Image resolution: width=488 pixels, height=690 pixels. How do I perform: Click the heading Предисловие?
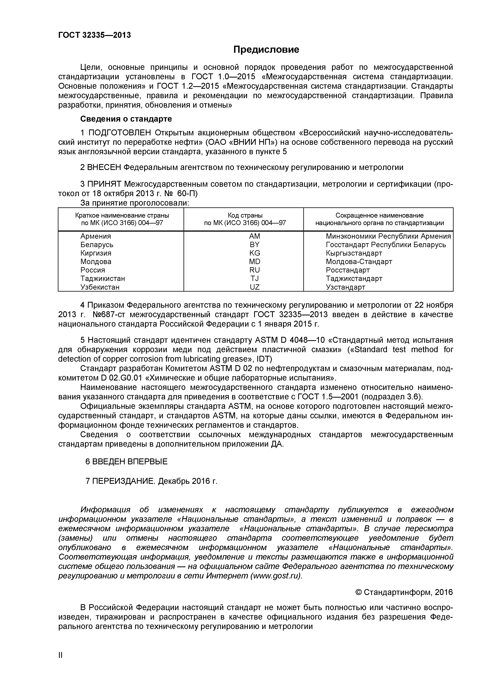pos(266,50)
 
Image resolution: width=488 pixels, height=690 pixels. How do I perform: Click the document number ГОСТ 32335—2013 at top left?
pos(94,35)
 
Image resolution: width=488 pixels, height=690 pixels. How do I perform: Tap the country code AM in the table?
pos(255,236)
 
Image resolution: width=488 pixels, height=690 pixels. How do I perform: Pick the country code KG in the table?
pos(255,253)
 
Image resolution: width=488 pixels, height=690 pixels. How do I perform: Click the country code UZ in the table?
pos(255,287)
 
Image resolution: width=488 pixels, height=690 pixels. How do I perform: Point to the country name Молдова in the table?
pos(96,261)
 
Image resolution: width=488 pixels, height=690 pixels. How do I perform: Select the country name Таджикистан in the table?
pos(102,279)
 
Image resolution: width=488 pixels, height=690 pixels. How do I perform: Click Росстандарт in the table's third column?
pos(348,270)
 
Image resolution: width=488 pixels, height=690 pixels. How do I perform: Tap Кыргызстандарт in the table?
pos(354,253)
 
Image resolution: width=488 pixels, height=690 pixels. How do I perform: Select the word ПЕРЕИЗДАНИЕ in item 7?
pos(124,481)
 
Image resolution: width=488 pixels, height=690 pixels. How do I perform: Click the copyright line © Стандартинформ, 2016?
pos(404,592)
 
